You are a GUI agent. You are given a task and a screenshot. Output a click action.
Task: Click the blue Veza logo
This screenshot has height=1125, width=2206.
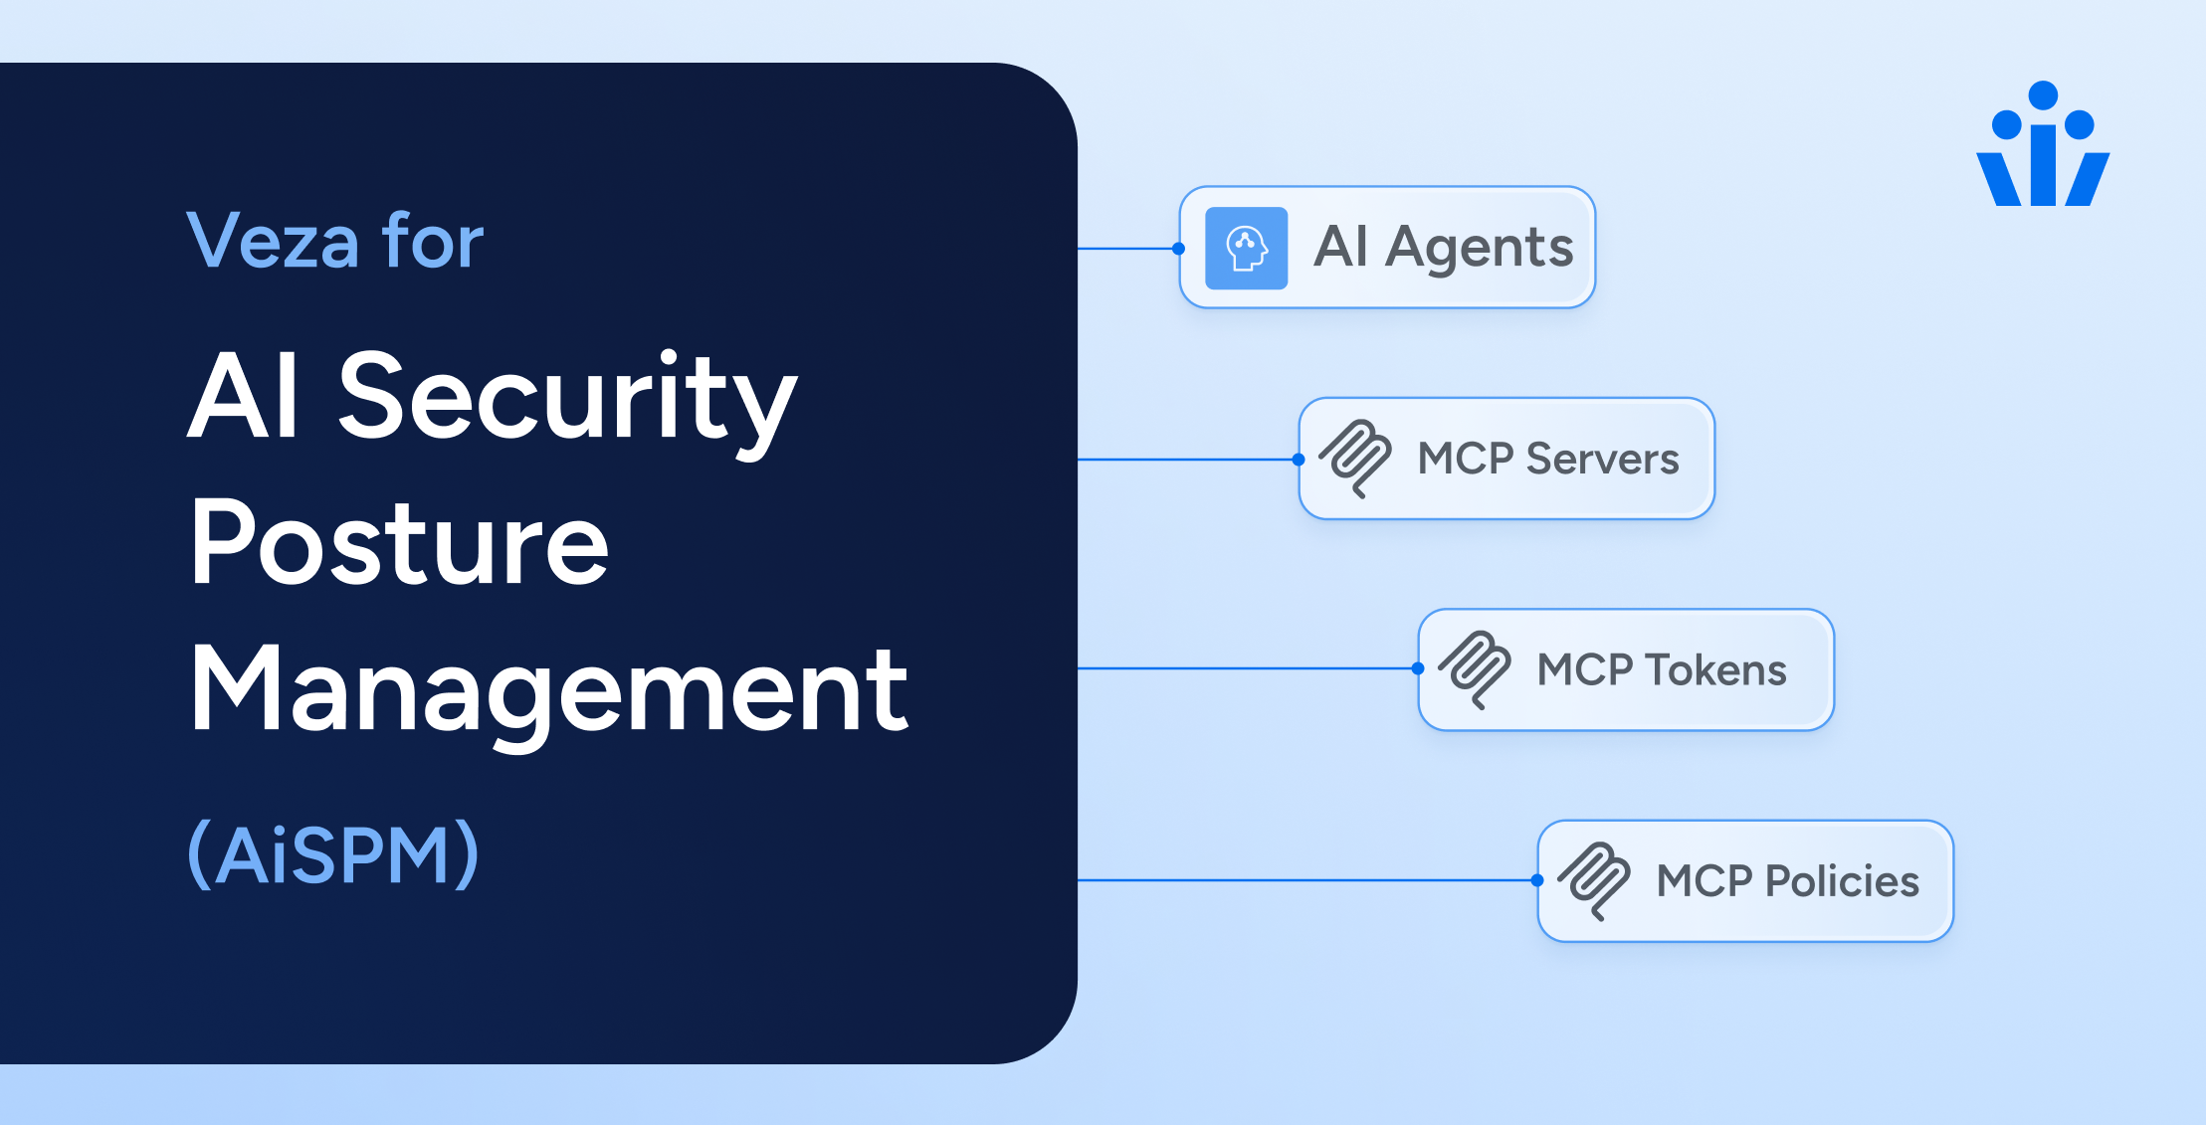(2043, 146)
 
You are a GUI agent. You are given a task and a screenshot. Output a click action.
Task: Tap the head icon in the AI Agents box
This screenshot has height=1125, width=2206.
(1246, 248)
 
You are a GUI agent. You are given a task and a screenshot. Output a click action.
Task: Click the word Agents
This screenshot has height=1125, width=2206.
(1479, 248)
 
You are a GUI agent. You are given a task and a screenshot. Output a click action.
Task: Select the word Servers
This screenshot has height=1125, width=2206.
(1602, 460)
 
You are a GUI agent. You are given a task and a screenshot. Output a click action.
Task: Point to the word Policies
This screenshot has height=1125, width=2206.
(1841, 881)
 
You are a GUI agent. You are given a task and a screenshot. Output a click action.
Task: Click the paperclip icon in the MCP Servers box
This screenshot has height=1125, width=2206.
(1355, 459)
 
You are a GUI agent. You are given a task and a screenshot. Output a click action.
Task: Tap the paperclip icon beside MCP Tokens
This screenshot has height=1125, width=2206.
(1475, 669)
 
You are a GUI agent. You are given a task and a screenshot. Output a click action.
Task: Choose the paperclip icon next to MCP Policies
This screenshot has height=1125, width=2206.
(1594, 880)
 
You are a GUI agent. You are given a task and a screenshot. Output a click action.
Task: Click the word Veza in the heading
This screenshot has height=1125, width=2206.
(273, 242)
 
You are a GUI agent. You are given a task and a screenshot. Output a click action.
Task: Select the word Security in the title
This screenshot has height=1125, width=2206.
(567, 398)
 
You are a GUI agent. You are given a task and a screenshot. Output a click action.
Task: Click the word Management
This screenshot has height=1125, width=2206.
(548, 690)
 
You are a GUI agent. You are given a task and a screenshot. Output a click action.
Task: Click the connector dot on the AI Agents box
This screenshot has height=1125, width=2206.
(1179, 249)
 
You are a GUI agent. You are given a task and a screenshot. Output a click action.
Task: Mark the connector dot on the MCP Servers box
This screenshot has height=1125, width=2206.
(1299, 460)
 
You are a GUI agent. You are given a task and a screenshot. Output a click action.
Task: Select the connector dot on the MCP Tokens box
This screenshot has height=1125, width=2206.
(1418, 668)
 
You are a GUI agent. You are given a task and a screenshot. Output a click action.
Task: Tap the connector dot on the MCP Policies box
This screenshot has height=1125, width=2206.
(1537, 880)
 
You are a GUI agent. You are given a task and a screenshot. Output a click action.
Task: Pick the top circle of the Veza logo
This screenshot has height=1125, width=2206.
(2043, 95)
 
